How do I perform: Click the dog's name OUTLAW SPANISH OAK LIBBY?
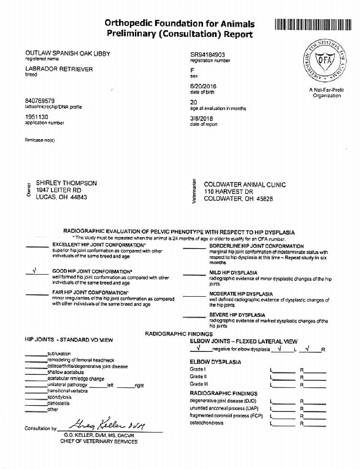[x=68, y=54]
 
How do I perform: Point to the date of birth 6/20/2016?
[x=204, y=86]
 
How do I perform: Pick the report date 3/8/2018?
[x=202, y=119]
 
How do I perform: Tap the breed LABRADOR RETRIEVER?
[x=59, y=69]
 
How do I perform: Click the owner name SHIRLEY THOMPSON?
[x=66, y=183]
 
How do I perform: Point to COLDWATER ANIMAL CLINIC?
[x=245, y=184]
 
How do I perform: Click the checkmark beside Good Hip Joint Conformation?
[x=34, y=270]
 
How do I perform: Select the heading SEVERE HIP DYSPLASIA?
[x=237, y=315]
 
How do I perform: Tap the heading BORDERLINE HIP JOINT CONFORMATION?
[x=256, y=246]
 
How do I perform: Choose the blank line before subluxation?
[x=36, y=354]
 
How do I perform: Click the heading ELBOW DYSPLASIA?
[x=215, y=362]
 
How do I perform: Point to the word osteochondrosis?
[x=206, y=423]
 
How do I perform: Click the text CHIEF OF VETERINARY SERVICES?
[x=99, y=441]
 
